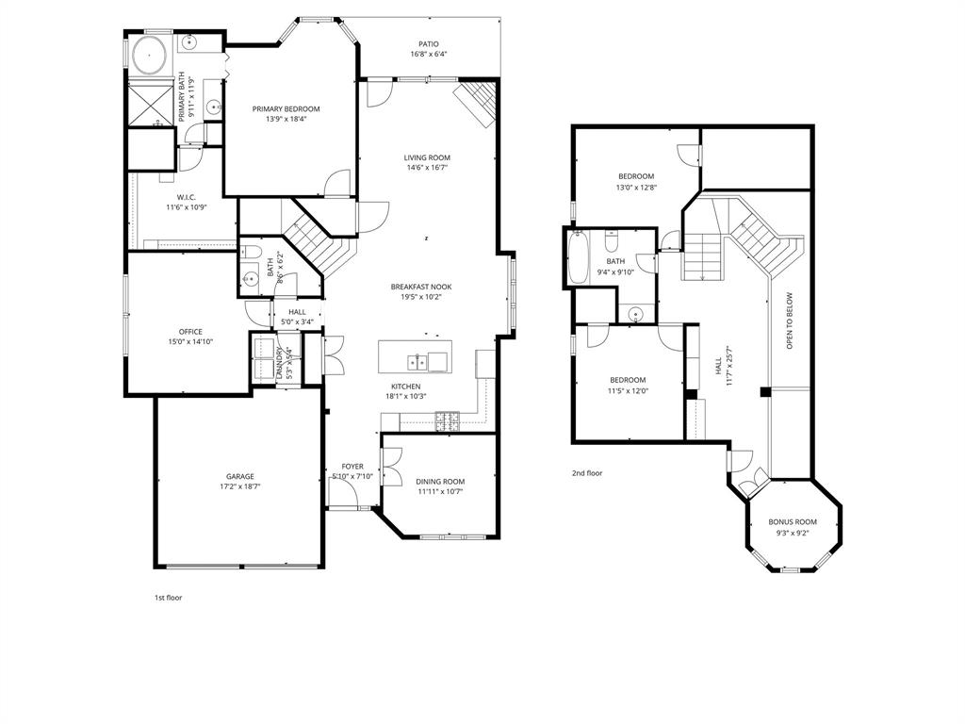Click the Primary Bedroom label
[x=286, y=109]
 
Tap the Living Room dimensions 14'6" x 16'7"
[x=427, y=168]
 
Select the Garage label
[x=239, y=477]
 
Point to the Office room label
[x=190, y=332]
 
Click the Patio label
[x=428, y=43]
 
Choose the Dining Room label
[x=440, y=482]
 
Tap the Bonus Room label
[x=793, y=521]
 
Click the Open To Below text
[x=790, y=321]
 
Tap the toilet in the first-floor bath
[x=250, y=253]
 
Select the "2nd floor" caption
[x=586, y=473]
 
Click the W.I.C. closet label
[x=186, y=197]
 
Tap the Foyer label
[x=352, y=467]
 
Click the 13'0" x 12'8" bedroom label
[x=636, y=176]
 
